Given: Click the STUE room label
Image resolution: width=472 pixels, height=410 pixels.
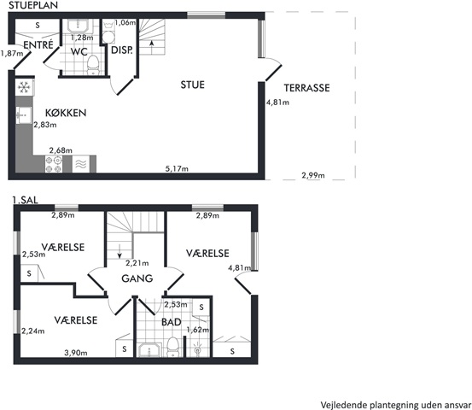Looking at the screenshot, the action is point(192,85).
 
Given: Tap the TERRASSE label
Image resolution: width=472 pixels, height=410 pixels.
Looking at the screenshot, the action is point(306,88).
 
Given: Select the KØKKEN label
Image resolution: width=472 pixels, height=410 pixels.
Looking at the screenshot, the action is point(66,113).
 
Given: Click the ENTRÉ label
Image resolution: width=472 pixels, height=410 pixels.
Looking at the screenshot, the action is point(38,44).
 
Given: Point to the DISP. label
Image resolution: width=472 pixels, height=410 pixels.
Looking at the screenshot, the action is point(122,50).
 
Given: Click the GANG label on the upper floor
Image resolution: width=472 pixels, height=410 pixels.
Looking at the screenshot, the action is point(137,278).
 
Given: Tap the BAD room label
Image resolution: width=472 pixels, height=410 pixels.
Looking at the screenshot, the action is point(172,322).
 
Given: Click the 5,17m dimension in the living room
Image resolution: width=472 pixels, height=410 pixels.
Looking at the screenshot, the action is point(177,169).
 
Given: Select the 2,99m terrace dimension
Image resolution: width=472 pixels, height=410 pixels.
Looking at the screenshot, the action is point(313,175).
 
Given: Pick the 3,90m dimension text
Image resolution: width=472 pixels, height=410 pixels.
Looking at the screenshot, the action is point(76,353).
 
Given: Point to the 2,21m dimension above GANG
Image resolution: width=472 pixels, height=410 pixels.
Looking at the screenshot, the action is point(137,263).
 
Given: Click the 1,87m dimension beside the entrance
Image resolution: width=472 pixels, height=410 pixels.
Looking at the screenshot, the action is point(11,54).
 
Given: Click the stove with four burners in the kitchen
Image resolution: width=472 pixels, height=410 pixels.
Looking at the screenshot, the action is point(54,164).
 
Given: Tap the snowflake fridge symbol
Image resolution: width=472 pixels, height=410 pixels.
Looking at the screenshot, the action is point(25,87).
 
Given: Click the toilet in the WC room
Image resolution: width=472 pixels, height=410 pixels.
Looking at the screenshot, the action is point(93,65).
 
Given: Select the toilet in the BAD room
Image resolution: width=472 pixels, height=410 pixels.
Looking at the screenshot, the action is point(172,347).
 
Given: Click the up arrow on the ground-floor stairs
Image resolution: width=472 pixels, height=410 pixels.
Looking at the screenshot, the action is point(152,44).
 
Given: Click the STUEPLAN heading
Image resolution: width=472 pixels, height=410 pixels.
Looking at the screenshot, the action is point(33,5).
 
